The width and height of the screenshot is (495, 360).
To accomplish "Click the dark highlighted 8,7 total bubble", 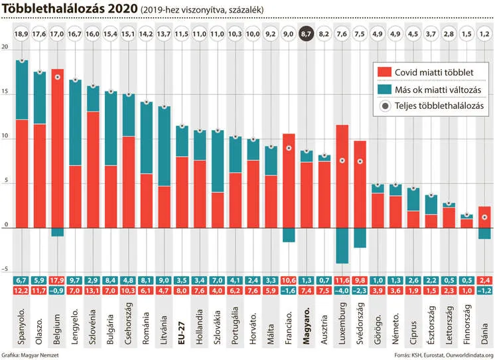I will pyautogui.click(x=307, y=33).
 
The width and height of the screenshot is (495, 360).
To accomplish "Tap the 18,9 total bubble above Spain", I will pyautogui.click(x=23, y=33).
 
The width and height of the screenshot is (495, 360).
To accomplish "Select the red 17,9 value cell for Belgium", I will pyautogui.click(x=58, y=280).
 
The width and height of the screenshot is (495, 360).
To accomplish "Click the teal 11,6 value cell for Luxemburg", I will pyautogui.click(x=342, y=280).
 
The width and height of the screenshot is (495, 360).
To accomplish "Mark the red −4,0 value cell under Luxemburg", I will pyautogui.click(x=342, y=290).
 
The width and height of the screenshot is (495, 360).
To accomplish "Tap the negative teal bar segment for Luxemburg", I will pyautogui.click(x=342, y=246).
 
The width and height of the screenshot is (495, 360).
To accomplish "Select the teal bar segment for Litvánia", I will pyautogui.click(x=165, y=146).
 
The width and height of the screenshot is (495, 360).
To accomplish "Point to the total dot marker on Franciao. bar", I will pyautogui.click(x=289, y=147).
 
